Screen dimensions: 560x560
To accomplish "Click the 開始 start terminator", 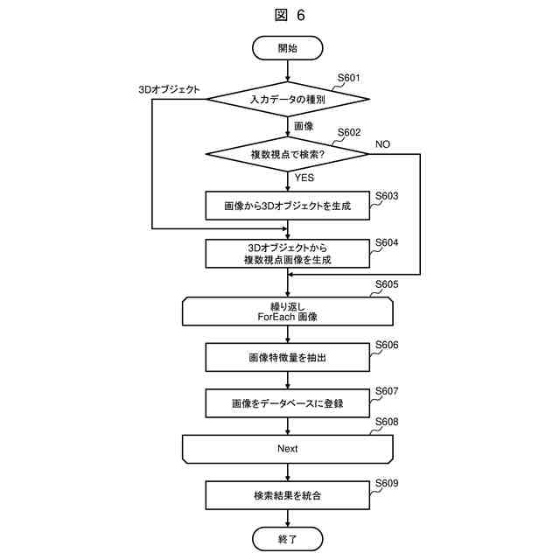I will pyautogui.click(x=288, y=48).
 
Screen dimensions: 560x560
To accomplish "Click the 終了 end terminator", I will pyautogui.click(x=288, y=539).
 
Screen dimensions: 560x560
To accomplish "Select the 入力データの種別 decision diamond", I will pyautogui.click(x=288, y=99).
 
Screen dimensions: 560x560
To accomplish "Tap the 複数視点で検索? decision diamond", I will pyautogui.click(x=288, y=153).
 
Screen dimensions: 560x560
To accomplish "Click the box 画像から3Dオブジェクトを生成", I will pyautogui.click(x=288, y=206).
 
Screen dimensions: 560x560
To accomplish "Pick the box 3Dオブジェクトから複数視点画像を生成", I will pyautogui.click(x=288, y=254).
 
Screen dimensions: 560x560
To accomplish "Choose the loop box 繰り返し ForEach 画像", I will pyautogui.click(x=288, y=311).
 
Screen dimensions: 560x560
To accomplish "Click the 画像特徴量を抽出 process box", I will pyautogui.click(x=288, y=357).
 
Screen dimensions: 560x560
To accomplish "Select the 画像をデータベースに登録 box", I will pyautogui.click(x=288, y=403).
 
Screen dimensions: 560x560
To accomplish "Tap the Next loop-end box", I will pyautogui.click(x=288, y=448).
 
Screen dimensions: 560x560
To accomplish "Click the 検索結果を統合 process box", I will pyautogui.click(x=288, y=496).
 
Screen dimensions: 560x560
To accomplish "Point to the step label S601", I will pyautogui.click(x=349, y=78).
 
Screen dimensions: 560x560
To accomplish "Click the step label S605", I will pyautogui.click(x=387, y=285).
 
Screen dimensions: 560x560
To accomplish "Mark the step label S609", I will pyautogui.click(x=387, y=482).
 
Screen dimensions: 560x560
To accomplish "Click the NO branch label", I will pyautogui.click(x=383, y=143).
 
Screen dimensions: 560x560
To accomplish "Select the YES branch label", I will pyautogui.click(x=304, y=178).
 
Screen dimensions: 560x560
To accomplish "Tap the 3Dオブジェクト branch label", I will pyautogui.click(x=170, y=89).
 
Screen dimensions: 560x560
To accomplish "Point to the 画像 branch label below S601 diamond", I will pyautogui.click(x=304, y=126).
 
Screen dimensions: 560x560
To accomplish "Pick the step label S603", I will pyautogui.click(x=387, y=196).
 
